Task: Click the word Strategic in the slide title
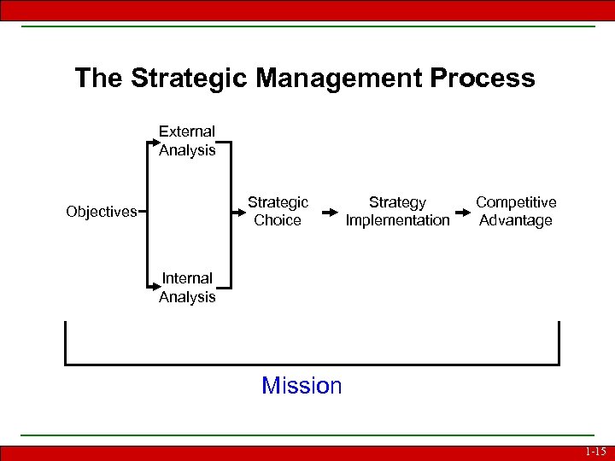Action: point(188,79)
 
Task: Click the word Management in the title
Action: point(339,79)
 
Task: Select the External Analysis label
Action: point(187,141)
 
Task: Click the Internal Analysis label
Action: point(187,288)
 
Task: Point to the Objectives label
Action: point(101,212)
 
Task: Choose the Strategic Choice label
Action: point(278,211)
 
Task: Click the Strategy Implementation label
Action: point(397,211)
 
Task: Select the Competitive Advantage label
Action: point(516,211)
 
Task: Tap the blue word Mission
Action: point(302,386)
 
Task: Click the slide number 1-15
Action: point(595,452)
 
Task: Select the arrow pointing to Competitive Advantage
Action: point(463,212)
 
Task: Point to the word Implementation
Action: point(397,220)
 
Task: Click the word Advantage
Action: point(516,220)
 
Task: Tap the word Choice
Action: point(278,220)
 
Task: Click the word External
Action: point(187,131)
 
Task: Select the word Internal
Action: point(187,278)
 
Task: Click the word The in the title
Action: point(99,79)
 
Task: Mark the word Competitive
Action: point(516,202)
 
